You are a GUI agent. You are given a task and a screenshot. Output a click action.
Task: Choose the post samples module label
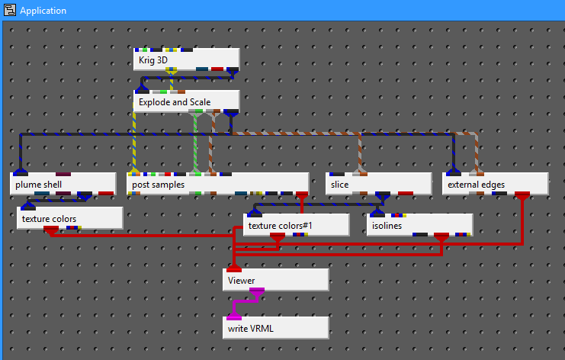tap(160, 184)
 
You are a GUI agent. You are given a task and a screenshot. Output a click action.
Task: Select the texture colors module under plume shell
tap(69, 219)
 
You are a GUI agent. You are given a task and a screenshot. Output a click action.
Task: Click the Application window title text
tap(43, 11)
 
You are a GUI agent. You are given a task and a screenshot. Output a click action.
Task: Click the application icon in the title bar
tap(10, 11)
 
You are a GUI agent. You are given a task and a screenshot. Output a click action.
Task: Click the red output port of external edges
tap(522, 196)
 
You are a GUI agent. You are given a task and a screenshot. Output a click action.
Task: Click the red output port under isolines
tap(441, 238)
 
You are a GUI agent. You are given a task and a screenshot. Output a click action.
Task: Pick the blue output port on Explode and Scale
tap(231, 113)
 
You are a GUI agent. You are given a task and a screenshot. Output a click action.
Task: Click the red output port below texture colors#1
tap(278, 238)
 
